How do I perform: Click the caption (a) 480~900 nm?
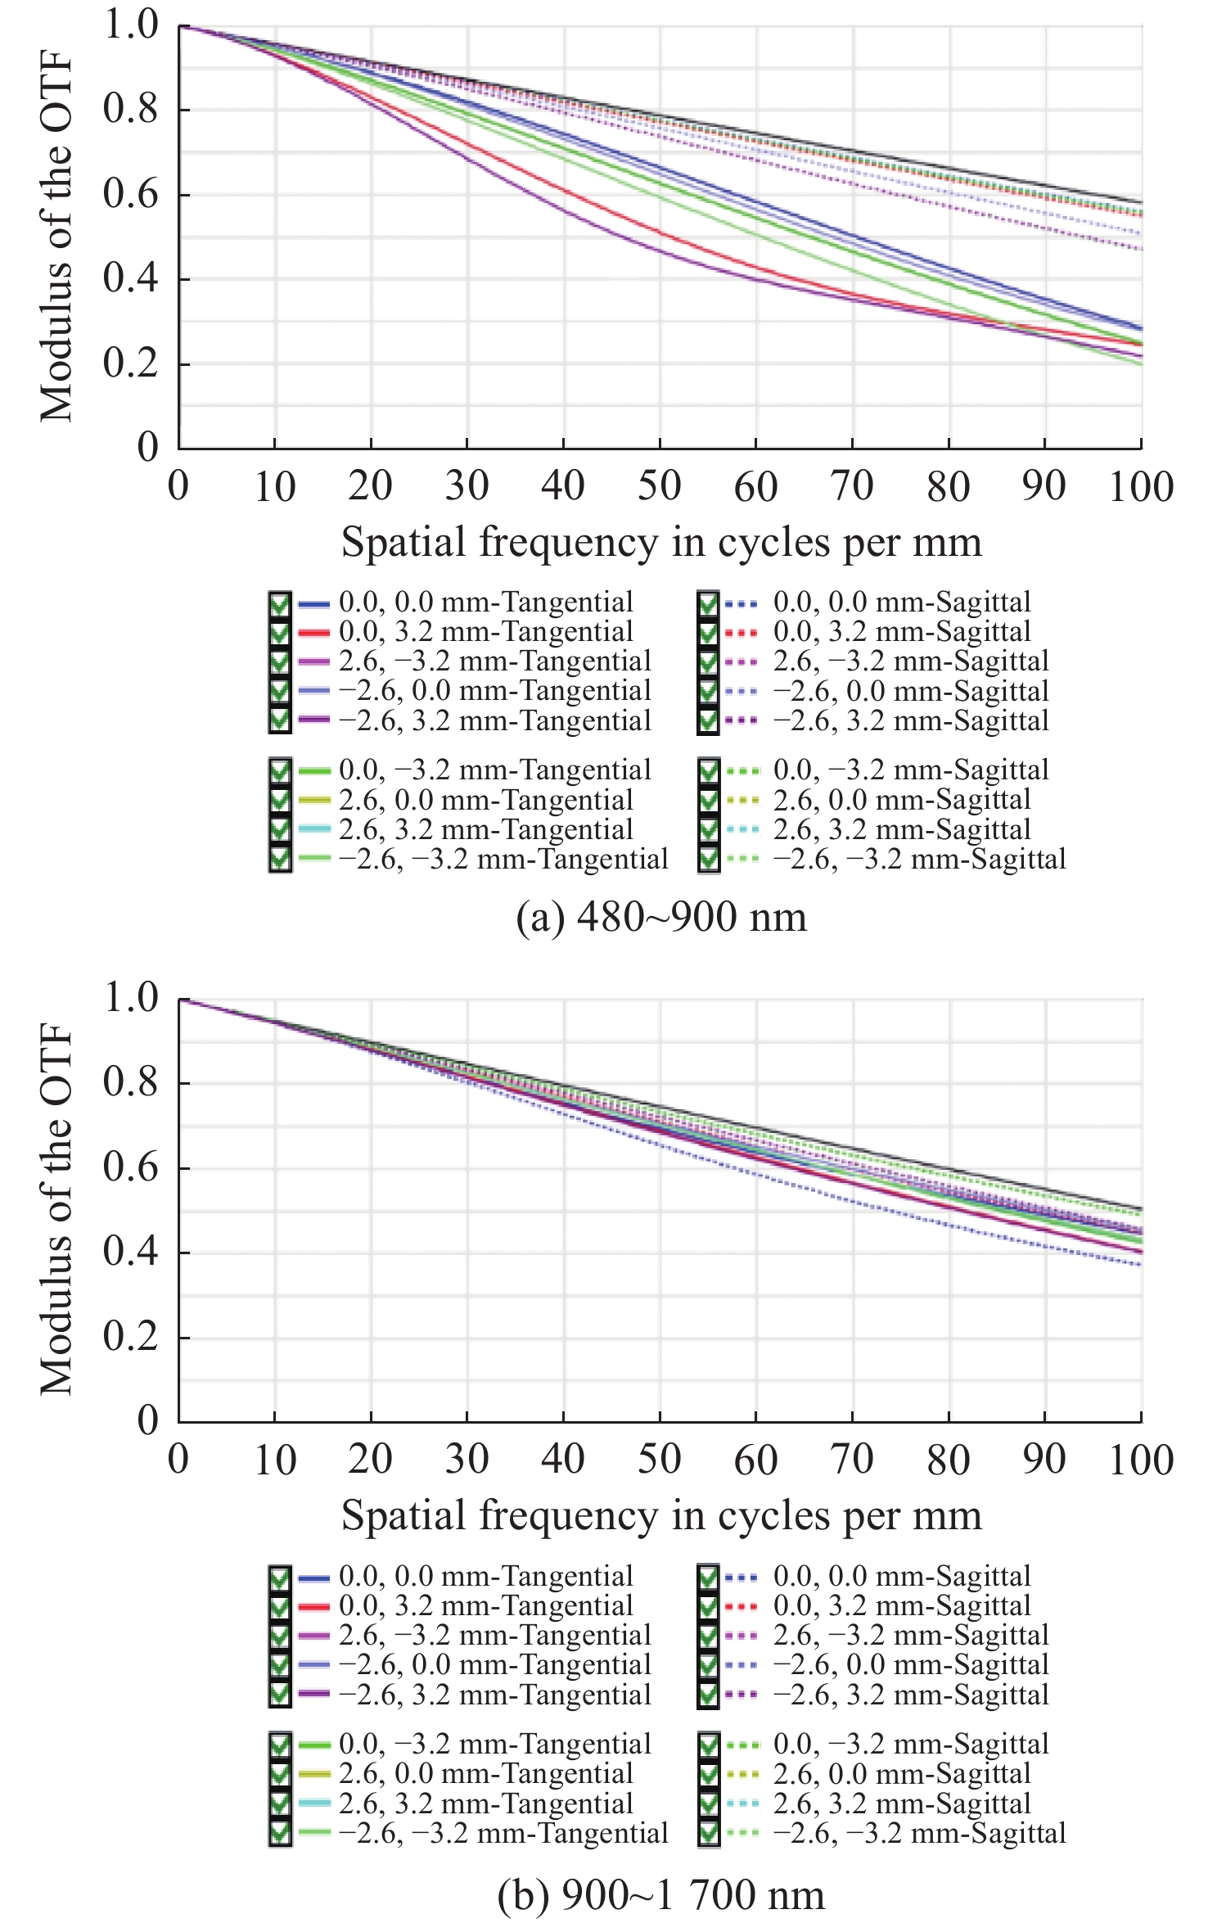point(661,918)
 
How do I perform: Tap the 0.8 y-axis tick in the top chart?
point(131,109)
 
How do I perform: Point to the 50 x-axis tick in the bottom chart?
point(660,1459)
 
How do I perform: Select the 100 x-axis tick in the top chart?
point(1141,486)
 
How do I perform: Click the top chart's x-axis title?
point(661,542)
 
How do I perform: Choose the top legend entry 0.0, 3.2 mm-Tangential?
point(486,632)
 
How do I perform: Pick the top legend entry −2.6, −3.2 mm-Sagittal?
point(919,860)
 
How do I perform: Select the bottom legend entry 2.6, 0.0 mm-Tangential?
point(486,1774)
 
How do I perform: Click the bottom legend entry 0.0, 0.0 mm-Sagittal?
point(902,1576)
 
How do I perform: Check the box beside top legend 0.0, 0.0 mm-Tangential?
point(280,604)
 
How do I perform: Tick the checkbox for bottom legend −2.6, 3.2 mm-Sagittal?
point(708,1695)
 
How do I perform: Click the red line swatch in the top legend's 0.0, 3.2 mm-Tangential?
point(313,633)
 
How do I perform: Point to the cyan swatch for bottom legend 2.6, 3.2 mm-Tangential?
point(313,1803)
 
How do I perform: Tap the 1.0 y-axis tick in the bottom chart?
point(131,998)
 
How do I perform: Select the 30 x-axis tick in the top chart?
point(467,486)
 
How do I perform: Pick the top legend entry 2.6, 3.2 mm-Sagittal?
point(902,830)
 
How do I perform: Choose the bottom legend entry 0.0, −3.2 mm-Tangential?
point(495,1744)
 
